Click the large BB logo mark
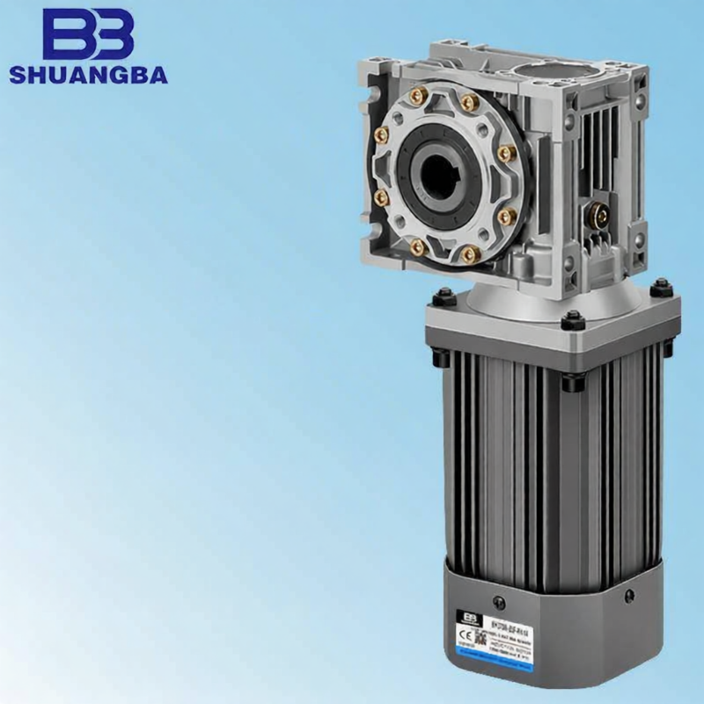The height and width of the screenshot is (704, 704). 88,35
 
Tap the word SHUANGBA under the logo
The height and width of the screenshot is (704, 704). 88,75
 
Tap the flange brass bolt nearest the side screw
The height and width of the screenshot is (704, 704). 504,215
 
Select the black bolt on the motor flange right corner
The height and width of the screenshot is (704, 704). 661,287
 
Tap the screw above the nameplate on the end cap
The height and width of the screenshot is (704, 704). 500,602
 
